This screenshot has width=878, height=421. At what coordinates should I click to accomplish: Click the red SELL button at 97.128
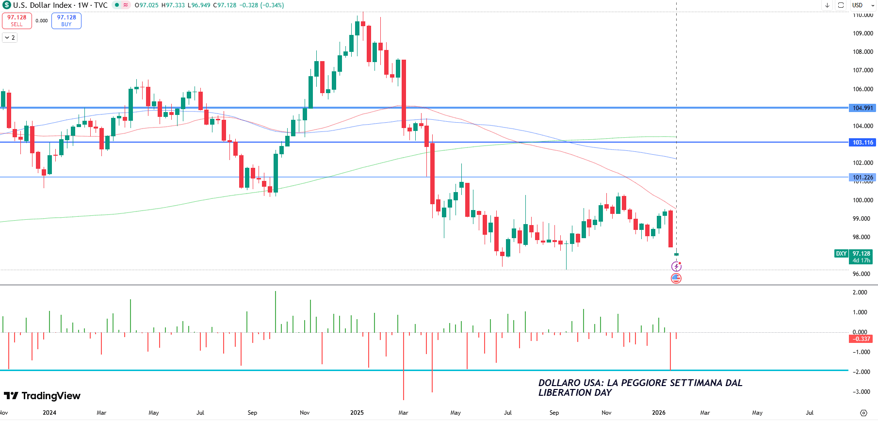(x=17, y=20)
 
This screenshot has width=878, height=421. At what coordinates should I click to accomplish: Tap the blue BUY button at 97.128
(x=66, y=20)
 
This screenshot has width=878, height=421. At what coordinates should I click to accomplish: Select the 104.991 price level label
(x=862, y=108)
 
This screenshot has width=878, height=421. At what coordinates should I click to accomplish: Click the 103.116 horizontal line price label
(x=862, y=143)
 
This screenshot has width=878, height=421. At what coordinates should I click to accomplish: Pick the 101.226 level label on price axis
(x=862, y=178)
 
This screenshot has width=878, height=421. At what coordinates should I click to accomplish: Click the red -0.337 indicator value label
(x=861, y=339)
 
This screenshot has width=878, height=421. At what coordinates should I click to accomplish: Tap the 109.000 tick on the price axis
(x=862, y=33)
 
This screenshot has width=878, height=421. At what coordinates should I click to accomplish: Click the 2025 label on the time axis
(x=357, y=413)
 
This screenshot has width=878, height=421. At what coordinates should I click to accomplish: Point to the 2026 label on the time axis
(x=658, y=413)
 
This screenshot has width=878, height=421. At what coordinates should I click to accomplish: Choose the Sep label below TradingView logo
(x=252, y=413)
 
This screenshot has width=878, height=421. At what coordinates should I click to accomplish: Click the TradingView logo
(x=42, y=396)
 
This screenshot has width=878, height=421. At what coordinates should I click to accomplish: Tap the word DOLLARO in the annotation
(x=558, y=383)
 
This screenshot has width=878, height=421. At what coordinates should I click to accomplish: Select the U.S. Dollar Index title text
(x=42, y=5)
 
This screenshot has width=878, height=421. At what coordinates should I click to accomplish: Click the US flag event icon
(x=676, y=278)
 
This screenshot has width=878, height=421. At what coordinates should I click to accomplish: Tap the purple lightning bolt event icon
(x=676, y=266)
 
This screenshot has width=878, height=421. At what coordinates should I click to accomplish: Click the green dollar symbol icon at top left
(x=6, y=5)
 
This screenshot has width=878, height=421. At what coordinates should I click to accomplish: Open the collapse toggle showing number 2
(x=10, y=37)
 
